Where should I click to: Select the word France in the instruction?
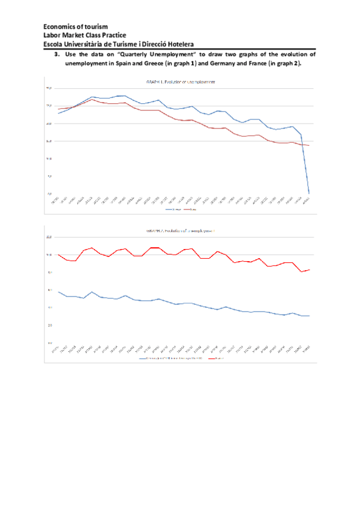[x=259, y=62]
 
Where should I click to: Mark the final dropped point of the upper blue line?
[x=309, y=193]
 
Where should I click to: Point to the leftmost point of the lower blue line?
[x=58, y=292]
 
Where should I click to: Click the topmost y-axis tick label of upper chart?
[x=50, y=88]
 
